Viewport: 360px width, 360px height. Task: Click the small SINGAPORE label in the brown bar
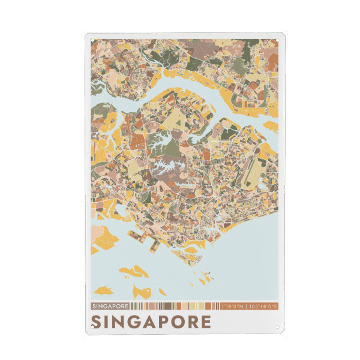(x=110, y=306)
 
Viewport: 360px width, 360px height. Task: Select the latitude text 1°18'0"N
(x=232, y=306)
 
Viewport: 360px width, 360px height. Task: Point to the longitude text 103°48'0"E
(x=262, y=306)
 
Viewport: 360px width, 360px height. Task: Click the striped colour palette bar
(x=174, y=306)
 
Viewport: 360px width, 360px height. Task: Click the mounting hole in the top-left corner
(x=92, y=40)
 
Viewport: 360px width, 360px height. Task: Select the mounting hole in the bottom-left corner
(x=92, y=327)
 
